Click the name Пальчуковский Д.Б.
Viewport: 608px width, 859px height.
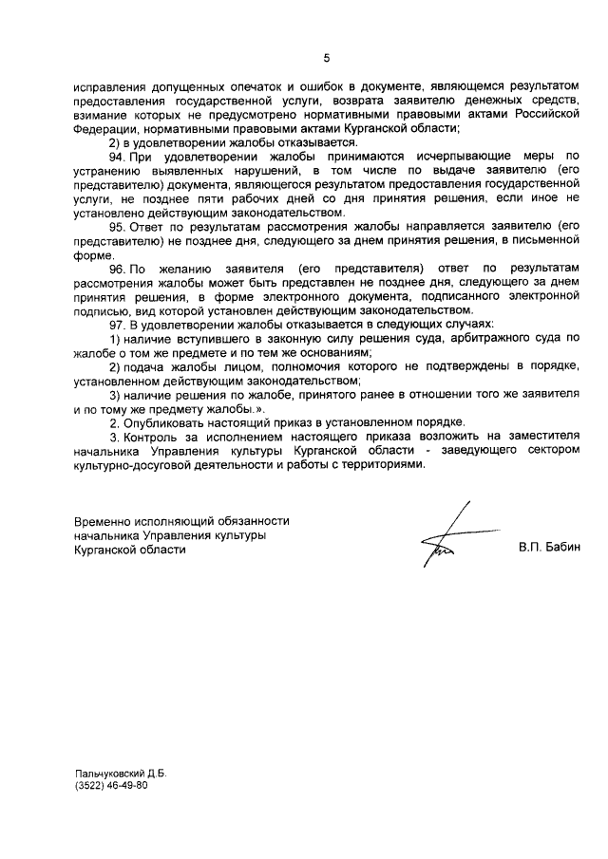(121, 775)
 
